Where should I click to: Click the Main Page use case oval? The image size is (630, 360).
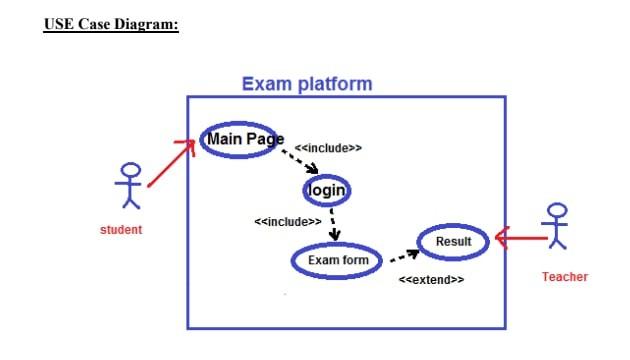(243, 139)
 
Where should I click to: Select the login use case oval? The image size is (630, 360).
(327, 190)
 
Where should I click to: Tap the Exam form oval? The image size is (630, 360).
(337, 260)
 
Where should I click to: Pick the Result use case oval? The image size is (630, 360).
(453, 241)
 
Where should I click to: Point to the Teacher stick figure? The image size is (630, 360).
(557, 227)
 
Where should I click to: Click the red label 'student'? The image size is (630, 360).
(121, 230)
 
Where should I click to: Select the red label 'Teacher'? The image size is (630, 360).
(564, 277)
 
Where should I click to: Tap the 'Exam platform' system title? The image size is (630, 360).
(306, 84)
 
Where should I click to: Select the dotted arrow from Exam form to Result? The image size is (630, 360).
(403, 257)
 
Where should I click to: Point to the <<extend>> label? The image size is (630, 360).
(431, 280)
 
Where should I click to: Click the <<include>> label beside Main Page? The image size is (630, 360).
(328, 148)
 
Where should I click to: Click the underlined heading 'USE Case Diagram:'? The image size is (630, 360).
(111, 24)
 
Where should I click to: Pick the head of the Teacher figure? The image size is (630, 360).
(557, 211)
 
